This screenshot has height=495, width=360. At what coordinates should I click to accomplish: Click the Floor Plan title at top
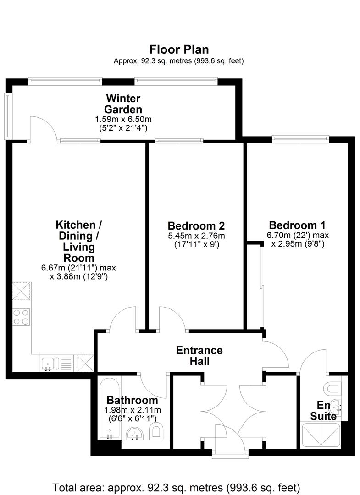(x=179, y=49)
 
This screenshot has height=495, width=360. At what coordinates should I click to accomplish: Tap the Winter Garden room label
(x=123, y=104)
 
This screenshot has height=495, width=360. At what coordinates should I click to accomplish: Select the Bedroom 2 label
(x=196, y=226)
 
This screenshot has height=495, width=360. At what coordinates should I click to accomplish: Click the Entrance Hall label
(x=199, y=356)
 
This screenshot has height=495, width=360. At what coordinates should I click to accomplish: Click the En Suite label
(x=323, y=411)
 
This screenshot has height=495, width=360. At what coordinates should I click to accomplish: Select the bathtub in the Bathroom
(x=109, y=408)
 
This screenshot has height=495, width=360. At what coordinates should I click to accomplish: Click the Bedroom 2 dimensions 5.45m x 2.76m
(x=196, y=236)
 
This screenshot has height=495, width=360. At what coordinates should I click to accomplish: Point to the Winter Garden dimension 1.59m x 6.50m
(x=123, y=119)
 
